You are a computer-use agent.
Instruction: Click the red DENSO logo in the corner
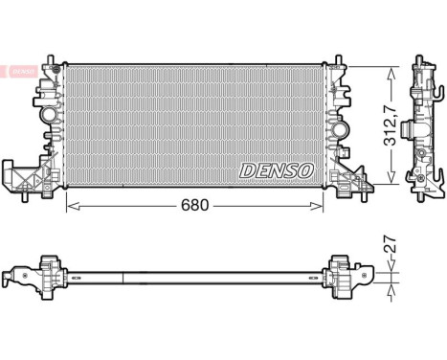pyautogui.click(x=18, y=71)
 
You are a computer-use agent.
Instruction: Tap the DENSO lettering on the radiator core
pyautogui.click(x=277, y=169)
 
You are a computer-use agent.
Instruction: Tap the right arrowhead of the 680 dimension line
pyautogui.click(x=322, y=206)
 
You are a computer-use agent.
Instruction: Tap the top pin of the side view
pyautogui.click(x=418, y=65)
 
